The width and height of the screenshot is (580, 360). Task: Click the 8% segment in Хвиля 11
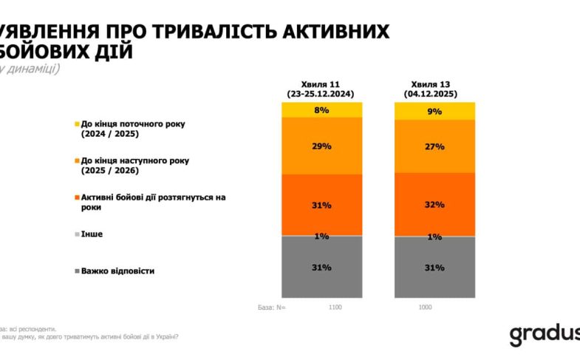pos(322,110)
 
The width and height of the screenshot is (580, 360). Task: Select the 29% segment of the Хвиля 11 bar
pos(322,146)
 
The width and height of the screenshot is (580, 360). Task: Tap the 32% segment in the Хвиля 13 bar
pos(435,204)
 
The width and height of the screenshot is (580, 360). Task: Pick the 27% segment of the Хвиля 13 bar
pos(435,146)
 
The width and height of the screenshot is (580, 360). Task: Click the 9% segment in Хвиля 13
pos(435,111)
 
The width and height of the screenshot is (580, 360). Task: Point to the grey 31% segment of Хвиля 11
pos(322,267)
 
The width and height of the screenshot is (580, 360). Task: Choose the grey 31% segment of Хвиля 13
pos(435,267)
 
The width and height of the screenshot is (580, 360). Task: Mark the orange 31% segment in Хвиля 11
pos(322,205)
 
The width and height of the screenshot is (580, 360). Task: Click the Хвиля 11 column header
pos(322,84)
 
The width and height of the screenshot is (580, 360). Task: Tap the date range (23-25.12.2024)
pos(322,95)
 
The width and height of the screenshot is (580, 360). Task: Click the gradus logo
pos(544,334)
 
